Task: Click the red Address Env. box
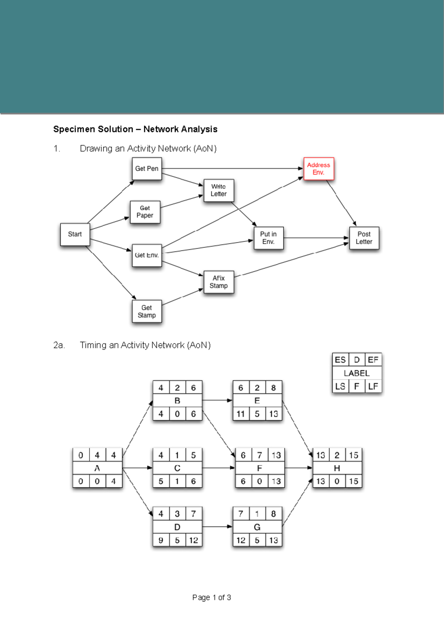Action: click(319, 169)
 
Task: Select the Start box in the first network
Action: click(75, 234)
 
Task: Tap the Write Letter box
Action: click(219, 190)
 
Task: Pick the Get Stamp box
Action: click(147, 311)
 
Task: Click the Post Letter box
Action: click(364, 238)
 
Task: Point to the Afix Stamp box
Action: click(219, 282)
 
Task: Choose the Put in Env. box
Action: click(269, 238)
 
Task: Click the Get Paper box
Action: click(145, 212)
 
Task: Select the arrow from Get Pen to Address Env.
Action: click(232, 168)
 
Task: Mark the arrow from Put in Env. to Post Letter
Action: click(316, 238)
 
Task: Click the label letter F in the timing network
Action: click(260, 468)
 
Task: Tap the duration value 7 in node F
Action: click(260, 455)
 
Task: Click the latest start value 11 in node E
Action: click(240, 414)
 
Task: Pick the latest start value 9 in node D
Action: click(161, 540)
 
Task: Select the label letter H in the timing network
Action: click(337, 468)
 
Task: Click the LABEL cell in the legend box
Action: click(357, 373)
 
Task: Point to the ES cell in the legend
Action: click(340, 360)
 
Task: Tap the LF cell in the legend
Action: click(373, 386)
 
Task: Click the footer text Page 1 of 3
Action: click(212, 597)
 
